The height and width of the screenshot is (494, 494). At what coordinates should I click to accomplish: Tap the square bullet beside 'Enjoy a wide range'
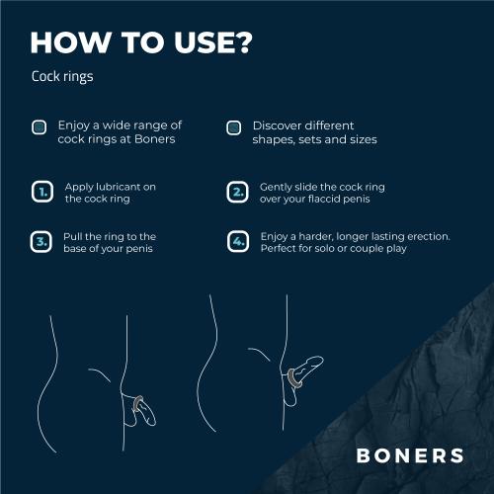pyautogui.click(x=39, y=127)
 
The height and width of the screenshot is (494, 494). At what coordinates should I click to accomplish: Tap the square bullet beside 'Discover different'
pyautogui.click(x=234, y=127)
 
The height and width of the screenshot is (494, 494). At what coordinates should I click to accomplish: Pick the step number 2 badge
pyautogui.click(x=237, y=192)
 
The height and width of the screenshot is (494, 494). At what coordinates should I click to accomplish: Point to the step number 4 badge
pyautogui.click(x=237, y=242)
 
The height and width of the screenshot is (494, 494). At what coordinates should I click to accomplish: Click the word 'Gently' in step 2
pyautogui.click(x=278, y=186)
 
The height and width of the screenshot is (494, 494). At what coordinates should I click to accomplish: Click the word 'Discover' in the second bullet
pyautogui.click(x=279, y=126)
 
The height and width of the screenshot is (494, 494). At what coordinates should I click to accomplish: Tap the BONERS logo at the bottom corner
pyautogui.click(x=409, y=455)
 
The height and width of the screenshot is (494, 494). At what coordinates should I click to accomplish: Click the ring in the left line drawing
pyautogui.click(x=138, y=402)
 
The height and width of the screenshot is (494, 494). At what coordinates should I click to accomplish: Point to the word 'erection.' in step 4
pyautogui.click(x=424, y=237)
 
